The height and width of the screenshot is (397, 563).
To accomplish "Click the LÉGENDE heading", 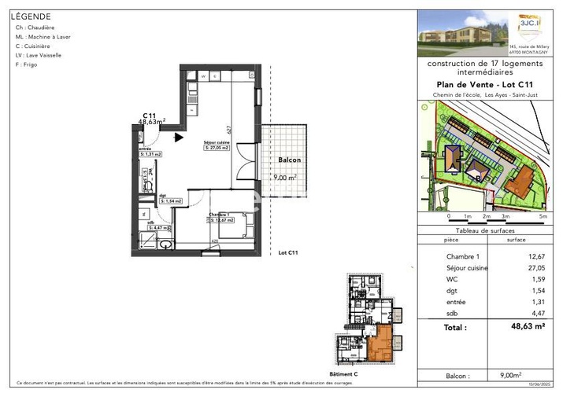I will point(31,16).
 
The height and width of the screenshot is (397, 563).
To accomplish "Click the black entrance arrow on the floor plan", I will point(180,137).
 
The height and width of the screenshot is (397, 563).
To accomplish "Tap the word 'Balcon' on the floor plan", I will point(289,160).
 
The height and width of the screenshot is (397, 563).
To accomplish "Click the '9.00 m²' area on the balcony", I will point(283,178).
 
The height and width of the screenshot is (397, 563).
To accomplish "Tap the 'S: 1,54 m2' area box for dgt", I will point(170,201).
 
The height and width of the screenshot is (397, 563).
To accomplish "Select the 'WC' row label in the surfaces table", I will point(450,278).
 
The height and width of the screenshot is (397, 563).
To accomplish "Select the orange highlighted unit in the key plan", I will point(382,344).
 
